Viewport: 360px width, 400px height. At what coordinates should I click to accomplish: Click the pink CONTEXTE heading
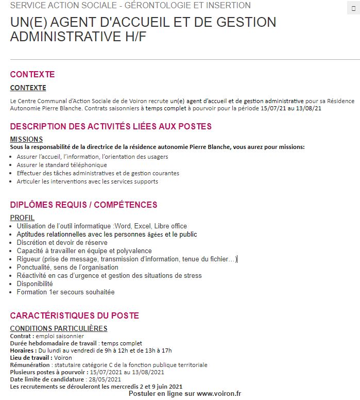point(32,74)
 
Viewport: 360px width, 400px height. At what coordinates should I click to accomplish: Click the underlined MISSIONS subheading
point(26,139)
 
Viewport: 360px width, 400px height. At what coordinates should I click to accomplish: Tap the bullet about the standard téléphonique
point(62,165)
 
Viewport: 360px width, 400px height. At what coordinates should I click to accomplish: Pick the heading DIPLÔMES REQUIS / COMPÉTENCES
point(83,205)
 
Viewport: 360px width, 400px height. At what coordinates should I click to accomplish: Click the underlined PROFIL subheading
point(22,218)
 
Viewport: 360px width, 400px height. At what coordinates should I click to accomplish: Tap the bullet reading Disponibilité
point(35,284)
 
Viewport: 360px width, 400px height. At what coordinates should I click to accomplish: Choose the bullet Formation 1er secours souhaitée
point(65,292)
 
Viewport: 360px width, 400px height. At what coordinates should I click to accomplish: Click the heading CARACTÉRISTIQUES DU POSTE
point(74,315)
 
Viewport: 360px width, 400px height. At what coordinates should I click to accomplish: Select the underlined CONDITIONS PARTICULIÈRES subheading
point(58,328)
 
